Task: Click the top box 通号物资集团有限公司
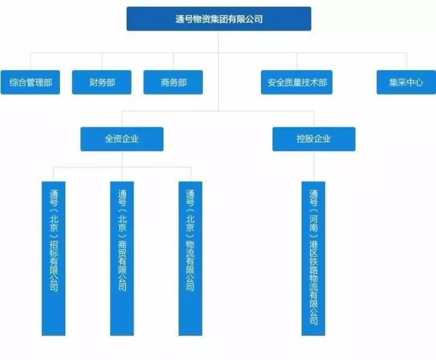219,19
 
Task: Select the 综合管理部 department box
30,82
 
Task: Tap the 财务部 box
102,82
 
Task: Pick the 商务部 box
174,82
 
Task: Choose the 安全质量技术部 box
297,82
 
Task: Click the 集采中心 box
406,82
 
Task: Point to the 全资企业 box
122,139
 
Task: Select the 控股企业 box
313,139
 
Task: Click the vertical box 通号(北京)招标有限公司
54,258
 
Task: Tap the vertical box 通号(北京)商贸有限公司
122,258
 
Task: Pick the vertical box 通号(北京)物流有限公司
190,258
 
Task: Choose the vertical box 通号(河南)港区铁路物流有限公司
313,258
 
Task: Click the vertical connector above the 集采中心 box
406,61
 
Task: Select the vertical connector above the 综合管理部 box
30,61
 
